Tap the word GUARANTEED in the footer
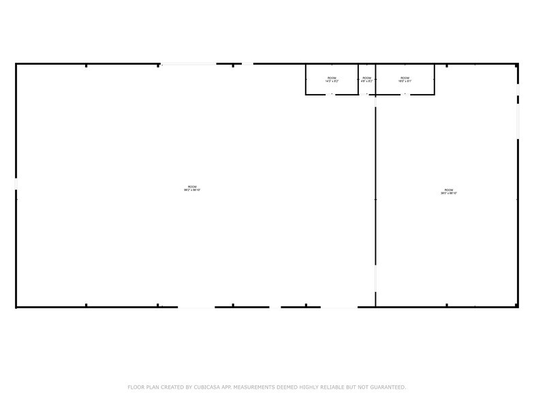[385, 387]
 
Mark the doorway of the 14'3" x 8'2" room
[332, 94]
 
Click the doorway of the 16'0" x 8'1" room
[405, 94]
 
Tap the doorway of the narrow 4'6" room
[368, 94]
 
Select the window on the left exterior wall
[16, 184]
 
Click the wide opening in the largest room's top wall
[187, 64]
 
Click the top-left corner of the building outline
[16, 64]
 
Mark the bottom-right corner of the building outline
[518, 307]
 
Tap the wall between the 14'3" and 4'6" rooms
[358, 79]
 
